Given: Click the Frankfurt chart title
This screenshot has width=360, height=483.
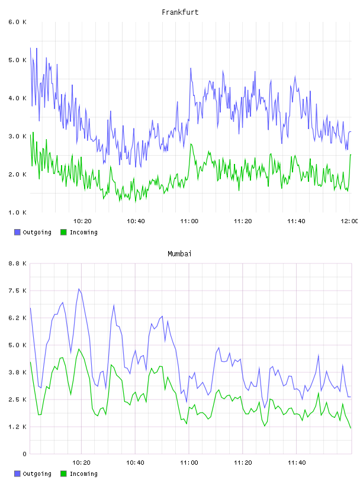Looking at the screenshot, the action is [x=180, y=12].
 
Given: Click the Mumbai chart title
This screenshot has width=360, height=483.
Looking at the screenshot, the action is [x=179, y=254].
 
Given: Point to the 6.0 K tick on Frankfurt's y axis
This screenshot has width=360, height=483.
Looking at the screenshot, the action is [x=17, y=22].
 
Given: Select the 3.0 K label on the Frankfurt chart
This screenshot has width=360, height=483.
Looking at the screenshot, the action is [x=17, y=136].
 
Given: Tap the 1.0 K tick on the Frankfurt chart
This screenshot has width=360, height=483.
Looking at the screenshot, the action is [x=17, y=212].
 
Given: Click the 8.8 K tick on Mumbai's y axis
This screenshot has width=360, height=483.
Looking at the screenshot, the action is [x=17, y=263].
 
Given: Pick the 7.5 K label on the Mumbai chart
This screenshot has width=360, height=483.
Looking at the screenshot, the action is [x=17, y=291].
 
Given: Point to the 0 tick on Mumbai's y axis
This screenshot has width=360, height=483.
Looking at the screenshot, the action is [x=24, y=454].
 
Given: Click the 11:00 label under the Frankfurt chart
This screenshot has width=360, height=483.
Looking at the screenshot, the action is [x=189, y=221].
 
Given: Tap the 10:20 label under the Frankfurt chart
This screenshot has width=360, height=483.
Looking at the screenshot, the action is [x=82, y=221].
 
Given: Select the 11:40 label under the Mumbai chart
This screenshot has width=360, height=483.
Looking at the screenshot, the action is [x=297, y=462].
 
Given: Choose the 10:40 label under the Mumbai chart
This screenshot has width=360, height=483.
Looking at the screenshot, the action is [x=135, y=462].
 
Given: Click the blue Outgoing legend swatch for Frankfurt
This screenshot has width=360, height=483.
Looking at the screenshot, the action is [x=17, y=232].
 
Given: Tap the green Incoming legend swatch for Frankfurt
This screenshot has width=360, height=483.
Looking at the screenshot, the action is [x=63, y=232].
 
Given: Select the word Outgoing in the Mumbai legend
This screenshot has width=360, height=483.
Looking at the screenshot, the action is [x=37, y=474].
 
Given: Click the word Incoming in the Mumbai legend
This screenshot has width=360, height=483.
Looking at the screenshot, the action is [x=83, y=474].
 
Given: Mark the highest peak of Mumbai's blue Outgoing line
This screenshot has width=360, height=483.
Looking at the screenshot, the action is [x=79, y=289].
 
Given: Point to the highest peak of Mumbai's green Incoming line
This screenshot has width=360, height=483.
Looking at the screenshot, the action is [x=79, y=349].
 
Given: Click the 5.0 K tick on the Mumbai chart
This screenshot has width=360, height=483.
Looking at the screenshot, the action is [x=17, y=345].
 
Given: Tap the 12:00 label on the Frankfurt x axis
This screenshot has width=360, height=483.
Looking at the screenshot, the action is [x=349, y=221].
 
